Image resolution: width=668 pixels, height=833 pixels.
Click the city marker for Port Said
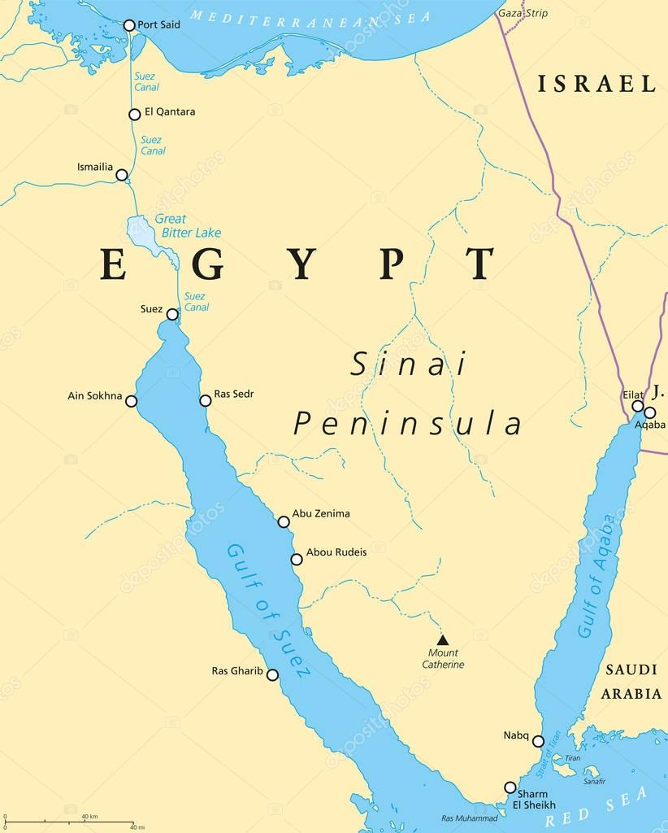pyautogui.click(x=128, y=25)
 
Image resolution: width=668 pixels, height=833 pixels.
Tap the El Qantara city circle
pyautogui.click(x=134, y=115)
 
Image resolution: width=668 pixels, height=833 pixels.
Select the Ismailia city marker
pyautogui.click(x=122, y=175)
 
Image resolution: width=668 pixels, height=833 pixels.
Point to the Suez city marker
pyautogui.click(x=172, y=314)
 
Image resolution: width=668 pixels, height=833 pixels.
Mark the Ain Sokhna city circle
pyautogui.click(x=131, y=401)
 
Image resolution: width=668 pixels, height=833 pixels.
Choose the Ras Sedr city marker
pyautogui.click(x=205, y=399)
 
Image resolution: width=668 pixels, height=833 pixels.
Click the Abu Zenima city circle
pyautogui.click(x=283, y=521)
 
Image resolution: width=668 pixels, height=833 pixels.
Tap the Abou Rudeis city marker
pyautogui.click(x=297, y=559)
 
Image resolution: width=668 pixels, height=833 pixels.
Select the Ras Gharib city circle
pyautogui.click(x=272, y=674)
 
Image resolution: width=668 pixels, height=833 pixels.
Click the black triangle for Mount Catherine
pyautogui.click(x=443, y=639)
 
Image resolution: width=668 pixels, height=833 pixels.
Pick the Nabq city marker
pyautogui.click(x=538, y=740)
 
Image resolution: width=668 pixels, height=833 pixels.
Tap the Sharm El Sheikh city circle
pyautogui.click(x=510, y=787)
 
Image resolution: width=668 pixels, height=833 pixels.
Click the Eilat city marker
pyautogui.click(x=638, y=406)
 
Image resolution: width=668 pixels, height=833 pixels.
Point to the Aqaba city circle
pyautogui.click(x=649, y=412)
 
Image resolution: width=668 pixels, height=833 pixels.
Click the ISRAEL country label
pyautogui.click(x=596, y=83)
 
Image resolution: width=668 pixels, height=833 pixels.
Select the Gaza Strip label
pyautogui.click(x=523, y=14)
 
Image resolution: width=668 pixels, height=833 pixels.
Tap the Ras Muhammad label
pyautogui.click(x=469, y=818)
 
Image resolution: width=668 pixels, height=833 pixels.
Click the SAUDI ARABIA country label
pyautogui.click(x=631, y=682)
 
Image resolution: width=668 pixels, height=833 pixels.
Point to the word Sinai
pyautogui.click(x=409, y=364)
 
